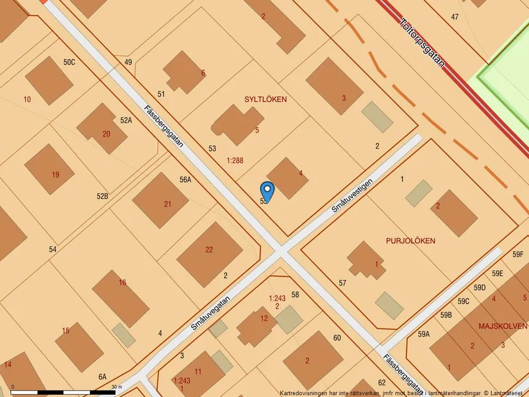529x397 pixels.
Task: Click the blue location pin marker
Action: coord(267,191)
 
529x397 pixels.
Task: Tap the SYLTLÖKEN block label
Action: coord(265,99)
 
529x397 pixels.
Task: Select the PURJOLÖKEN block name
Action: coord(410,241)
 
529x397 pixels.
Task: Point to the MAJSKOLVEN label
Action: coord(503,326)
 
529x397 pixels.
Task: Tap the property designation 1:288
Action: coord(235,162)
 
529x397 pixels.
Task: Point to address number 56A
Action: coord(185,180)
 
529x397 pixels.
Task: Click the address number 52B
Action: coord(103,196)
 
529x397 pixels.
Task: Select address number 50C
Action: coord(69,62)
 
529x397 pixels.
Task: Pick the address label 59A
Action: coord(424,334)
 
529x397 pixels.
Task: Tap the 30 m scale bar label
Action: coord(116,387)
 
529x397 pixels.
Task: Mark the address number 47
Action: coord(455,17)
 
